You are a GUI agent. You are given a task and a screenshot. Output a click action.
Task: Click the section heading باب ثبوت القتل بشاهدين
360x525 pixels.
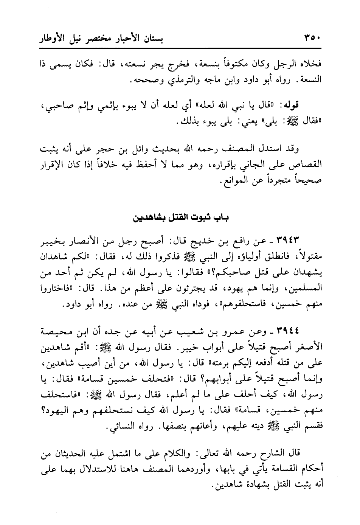click(180, 218)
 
